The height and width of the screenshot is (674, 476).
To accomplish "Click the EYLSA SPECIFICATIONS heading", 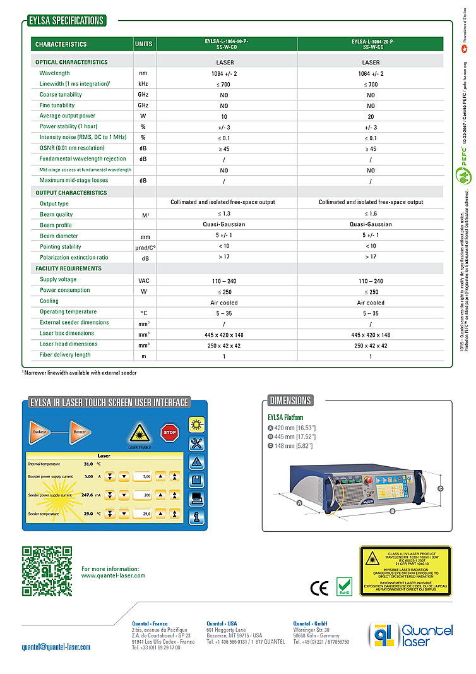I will coord(66,21).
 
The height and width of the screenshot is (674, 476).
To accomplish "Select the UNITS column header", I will coord(143,44).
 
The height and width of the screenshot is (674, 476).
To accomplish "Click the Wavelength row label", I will coord(54,73).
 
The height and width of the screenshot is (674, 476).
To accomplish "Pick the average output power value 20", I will coord(371,116).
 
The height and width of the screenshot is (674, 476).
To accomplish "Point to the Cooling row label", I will coord(49,301).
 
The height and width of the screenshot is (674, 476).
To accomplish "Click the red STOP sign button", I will coord(169,433).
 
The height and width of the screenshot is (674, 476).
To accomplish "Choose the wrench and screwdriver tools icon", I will coord(197,443).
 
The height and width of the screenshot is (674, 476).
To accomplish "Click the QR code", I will coord(47,571).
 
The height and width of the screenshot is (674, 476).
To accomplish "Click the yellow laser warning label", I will coord(405,571).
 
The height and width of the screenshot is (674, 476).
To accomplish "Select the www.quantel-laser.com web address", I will coord(113,575).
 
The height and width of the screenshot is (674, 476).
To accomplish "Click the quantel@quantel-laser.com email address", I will coord(56,647).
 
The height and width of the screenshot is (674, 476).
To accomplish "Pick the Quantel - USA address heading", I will coord(222,624).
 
